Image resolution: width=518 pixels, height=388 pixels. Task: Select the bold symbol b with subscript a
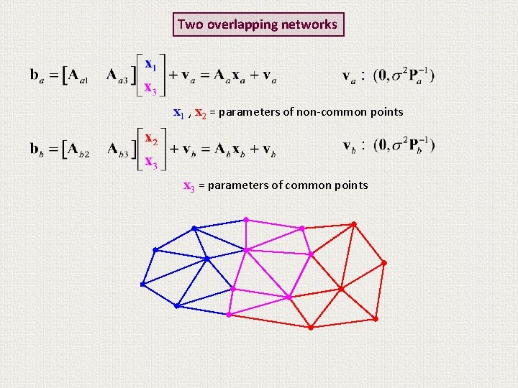[x=35, y=75]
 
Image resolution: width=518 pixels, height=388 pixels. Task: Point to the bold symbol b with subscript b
[x=36, y=149]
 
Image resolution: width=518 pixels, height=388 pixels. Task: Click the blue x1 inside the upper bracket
[x=150, y=64]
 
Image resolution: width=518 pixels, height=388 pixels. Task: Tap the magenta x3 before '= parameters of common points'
[x=189, y=186]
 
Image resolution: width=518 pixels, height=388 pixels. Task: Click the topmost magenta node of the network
[x=246, y=219]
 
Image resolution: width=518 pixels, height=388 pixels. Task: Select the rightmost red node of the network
[x=384, y=264]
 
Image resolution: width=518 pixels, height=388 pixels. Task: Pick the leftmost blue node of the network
[x=142, y=285]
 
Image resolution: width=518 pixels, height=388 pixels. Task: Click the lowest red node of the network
[x=310, y=328]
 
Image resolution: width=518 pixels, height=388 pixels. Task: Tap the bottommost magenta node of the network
[x=229, y=315]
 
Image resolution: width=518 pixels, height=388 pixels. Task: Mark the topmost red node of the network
[x=353, y=223]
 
